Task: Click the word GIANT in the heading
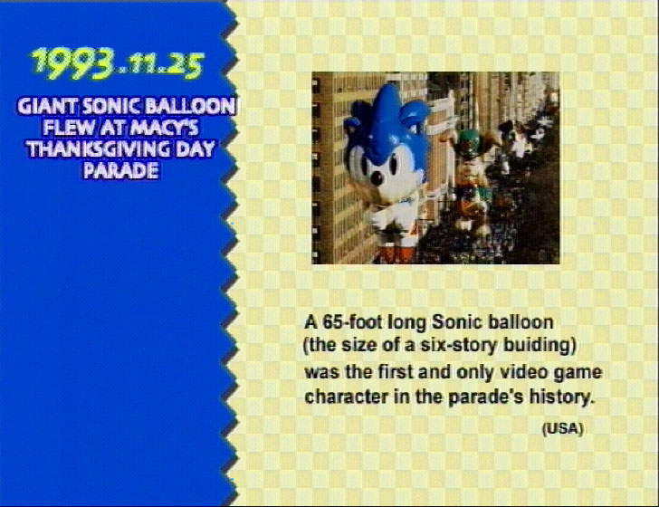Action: pos(47,106)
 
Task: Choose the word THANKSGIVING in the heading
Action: pos(99,149)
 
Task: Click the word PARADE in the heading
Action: pos(120,170)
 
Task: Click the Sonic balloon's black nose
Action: pos(376,178)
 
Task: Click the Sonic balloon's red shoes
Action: pos(396,253)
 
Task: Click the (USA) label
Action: pos(563,429)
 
